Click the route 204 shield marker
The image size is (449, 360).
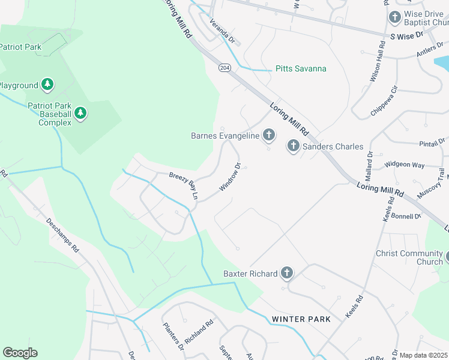coord(224,68)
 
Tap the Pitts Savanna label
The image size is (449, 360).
coord(301,68)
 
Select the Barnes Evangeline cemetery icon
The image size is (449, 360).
coord(269,136)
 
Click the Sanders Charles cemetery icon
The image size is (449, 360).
coord(293,146)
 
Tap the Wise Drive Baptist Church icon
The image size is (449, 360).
coord(395,17)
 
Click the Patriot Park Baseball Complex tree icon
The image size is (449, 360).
coord(80,113)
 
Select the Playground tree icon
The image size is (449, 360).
coord(47,85)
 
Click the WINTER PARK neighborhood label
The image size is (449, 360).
coord(301,319)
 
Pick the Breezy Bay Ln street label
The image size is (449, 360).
coord(183,185)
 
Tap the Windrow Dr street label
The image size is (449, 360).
coord(230,177)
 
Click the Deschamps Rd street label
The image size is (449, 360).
coord(63,233)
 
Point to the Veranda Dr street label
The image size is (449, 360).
coord(221,32)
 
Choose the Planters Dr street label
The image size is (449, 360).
coord(173,336)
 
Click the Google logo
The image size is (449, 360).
coord(20,353)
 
